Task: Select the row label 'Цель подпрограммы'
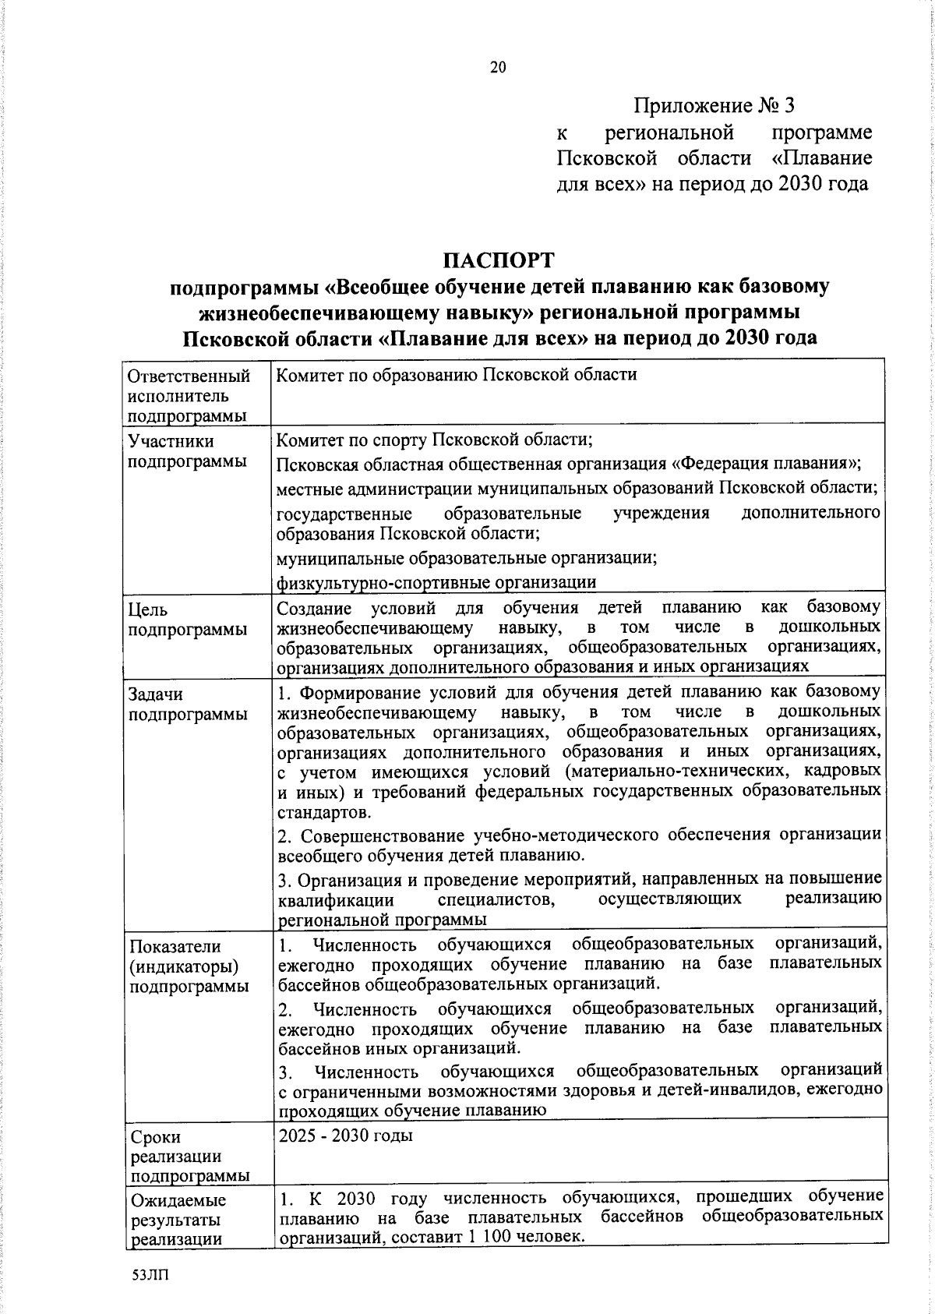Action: click(187, 620)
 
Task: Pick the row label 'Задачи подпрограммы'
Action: click(187, 704)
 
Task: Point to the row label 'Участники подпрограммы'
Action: click(187, 451)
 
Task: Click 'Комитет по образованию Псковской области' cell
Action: click(457, 375)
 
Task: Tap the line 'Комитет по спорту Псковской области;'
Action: click(435, 440)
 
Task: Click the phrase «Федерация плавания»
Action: click(764, 464)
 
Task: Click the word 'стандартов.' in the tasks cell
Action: click(314, 812)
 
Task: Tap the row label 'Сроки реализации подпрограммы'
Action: click(187, 1156)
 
